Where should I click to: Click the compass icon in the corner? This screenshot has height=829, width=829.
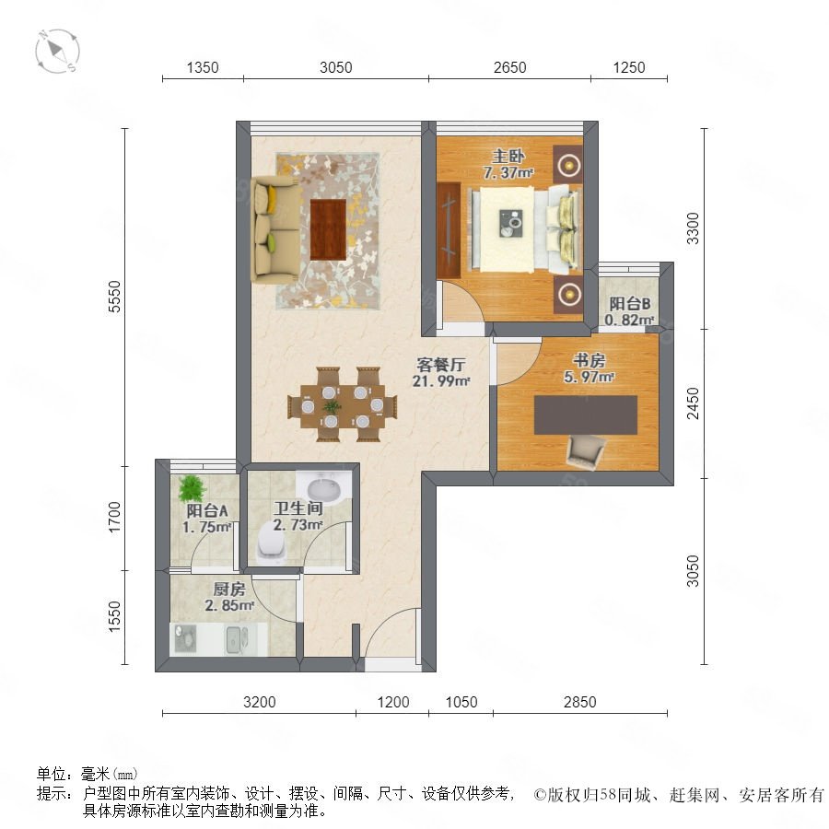click(x=58, y=52)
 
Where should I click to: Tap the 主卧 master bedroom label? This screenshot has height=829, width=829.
click(x=508, y=156)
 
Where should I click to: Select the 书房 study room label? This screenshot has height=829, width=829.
click(x=589, y=360)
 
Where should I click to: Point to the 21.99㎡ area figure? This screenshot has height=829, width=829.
click(x=441, y=380)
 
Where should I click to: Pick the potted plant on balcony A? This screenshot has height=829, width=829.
click(x=192, y=489)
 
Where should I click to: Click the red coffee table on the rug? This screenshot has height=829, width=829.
click(x=328, y=229)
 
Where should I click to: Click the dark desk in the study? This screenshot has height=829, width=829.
click(x=586, y=415)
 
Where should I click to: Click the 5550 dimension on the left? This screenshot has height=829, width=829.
click(x=114, y=297)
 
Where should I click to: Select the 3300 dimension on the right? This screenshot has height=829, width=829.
click(x=692, y=228)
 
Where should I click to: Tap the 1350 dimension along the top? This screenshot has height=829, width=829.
click(x=203, y=67)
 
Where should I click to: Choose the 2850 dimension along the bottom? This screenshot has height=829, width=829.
click(x=580, y=702)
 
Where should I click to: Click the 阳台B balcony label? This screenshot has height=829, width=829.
click(x=630, y=304)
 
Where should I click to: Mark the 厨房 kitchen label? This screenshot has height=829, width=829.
click(x=229, y=589)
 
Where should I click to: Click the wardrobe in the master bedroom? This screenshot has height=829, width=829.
click(x=449, y=230)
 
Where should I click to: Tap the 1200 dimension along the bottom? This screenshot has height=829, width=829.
click(x=393, y=702)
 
